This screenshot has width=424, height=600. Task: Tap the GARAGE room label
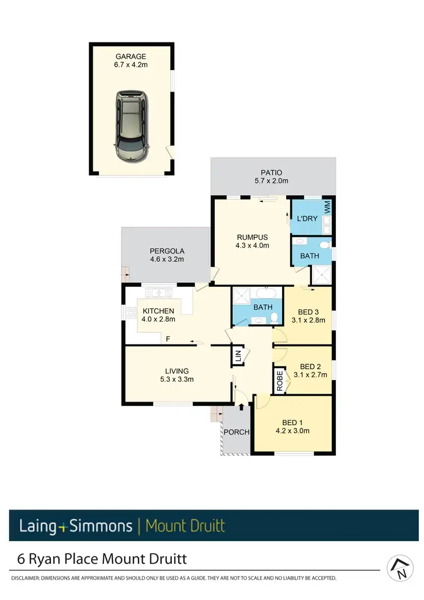tap(131, 57)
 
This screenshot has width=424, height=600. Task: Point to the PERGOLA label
tap(167, 251)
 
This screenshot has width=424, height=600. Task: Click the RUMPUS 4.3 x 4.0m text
tap(252, 241)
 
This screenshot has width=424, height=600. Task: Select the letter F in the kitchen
tap(168, 339)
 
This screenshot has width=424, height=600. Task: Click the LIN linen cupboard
tap(238, 356)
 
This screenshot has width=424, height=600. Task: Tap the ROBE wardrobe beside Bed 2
tap(280, 381)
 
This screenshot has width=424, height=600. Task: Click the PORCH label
tap(236, 432)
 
